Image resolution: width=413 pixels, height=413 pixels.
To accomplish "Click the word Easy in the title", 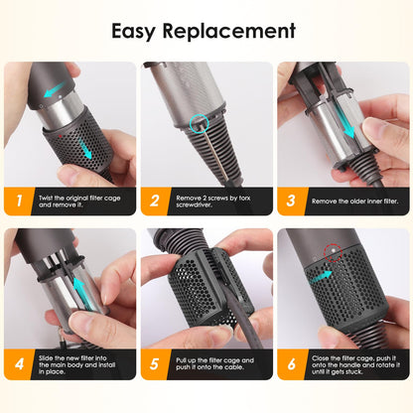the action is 133,32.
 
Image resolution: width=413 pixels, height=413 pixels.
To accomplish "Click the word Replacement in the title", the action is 229,31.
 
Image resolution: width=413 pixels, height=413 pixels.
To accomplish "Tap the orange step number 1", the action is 19,201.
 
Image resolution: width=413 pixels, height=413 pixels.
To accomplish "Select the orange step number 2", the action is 155,201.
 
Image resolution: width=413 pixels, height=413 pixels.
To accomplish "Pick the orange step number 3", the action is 291,201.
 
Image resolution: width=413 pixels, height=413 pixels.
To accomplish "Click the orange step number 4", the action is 19,363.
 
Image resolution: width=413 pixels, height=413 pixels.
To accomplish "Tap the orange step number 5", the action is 155,363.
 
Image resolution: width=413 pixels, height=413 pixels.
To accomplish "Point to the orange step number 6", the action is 291,363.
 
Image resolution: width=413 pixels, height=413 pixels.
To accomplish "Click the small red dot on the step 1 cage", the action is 61,136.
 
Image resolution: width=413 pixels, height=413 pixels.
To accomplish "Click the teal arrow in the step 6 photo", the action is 321,277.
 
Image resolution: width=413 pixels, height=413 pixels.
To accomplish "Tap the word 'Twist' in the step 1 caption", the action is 46,198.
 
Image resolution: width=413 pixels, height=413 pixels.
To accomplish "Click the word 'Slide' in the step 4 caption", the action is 46,358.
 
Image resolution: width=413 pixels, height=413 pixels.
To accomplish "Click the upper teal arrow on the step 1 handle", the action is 55,89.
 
